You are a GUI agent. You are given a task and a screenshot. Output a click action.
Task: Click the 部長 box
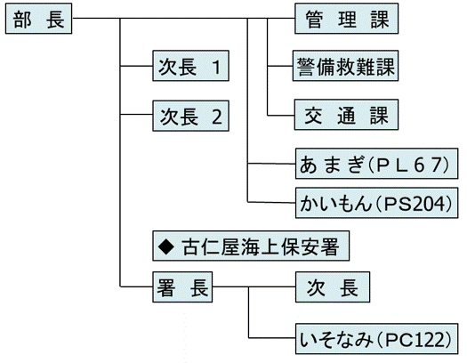pos(37,20)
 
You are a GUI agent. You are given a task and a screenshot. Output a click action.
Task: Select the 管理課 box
pos(345,20)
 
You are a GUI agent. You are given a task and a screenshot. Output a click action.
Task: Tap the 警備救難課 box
pos(345,67)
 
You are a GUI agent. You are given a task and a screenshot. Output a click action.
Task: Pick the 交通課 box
pos(345,116)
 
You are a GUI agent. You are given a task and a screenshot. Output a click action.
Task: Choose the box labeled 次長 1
pos(189,67)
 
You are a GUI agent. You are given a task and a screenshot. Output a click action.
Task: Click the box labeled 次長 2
pos(189,116)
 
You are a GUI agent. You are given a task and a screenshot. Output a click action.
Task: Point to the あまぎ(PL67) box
pos(376,165)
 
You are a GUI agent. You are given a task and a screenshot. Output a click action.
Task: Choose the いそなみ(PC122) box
pos(376,338)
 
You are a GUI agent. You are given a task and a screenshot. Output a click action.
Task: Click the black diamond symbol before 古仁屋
pos(164,243)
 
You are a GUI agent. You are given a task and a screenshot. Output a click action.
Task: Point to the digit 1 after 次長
pos(216,67)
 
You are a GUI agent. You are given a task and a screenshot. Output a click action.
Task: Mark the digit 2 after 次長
pos(216,116)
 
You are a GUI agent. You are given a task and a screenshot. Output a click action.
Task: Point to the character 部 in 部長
pos(23,20)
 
